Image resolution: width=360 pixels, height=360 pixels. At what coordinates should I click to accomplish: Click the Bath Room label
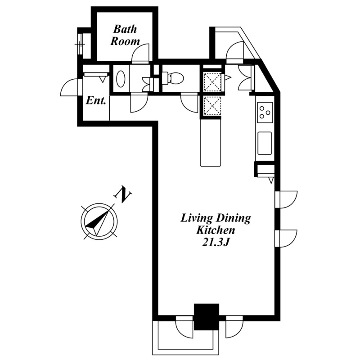[125, 35]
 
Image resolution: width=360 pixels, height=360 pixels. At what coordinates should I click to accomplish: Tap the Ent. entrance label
[96, 100]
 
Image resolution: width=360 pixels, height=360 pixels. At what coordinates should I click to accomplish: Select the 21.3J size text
[216, 242]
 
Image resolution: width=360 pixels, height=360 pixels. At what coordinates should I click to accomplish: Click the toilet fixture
[173, 78]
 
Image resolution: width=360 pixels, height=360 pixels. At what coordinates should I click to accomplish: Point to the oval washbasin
[121, 78]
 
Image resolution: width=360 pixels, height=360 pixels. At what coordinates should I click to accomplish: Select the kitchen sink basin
[265, 143]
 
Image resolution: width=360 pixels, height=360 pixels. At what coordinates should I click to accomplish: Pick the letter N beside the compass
[123, 195]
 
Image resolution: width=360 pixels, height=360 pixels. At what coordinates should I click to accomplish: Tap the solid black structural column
[207, 317]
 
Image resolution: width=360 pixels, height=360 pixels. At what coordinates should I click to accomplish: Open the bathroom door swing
[140, 53]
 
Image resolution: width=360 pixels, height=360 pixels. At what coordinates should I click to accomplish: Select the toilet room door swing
[189, 103]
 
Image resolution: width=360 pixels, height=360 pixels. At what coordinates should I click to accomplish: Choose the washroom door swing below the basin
[139, 103]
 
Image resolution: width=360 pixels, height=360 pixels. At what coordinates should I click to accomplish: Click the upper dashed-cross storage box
[212, 82]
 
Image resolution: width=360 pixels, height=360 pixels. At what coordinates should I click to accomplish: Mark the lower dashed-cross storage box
[212, 106]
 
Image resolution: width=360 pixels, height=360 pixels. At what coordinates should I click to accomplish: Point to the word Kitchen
[215, 230]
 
